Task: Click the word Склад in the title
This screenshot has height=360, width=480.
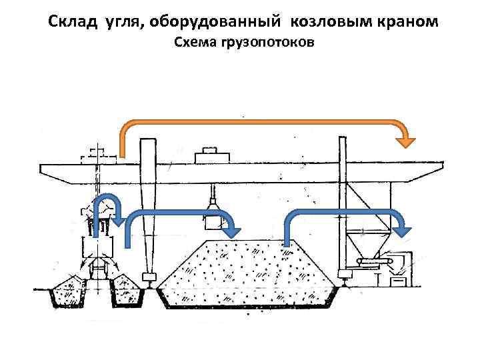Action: [74, 22]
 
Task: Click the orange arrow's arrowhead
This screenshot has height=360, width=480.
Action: [404, 141]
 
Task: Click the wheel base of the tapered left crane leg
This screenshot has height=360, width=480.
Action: [148, 276]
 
